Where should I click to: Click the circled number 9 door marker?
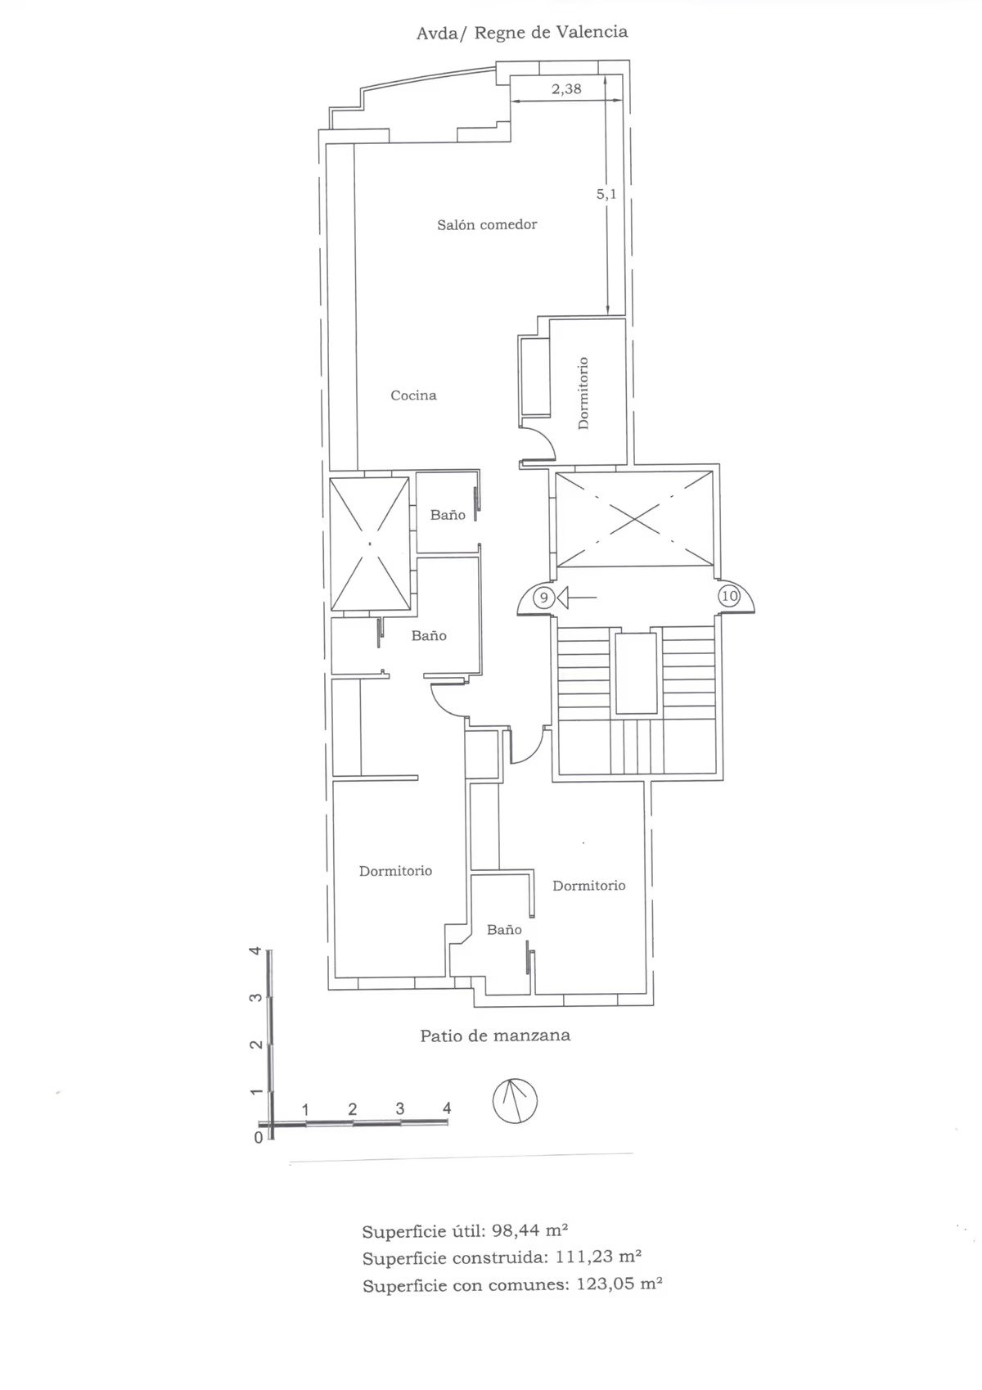[544, 598]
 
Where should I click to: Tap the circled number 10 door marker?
[729, 597]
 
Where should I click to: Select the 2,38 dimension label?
[566, 88]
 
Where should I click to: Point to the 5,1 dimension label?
[606, 194]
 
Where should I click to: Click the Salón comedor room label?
[487, 224]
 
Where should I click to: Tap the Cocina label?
[413, 395]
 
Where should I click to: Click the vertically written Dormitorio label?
[583, 393]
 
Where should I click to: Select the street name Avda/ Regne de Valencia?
[522, 32]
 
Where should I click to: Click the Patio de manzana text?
[495, 1035]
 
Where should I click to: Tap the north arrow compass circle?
[515, 1102]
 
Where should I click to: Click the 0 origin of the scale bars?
[259, 1138]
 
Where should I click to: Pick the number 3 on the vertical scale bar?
[254, 999]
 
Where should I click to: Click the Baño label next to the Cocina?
[448, 514]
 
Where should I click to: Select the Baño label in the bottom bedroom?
[504, 930]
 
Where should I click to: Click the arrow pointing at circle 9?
[577, 598]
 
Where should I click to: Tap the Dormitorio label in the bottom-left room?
[395, 871]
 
